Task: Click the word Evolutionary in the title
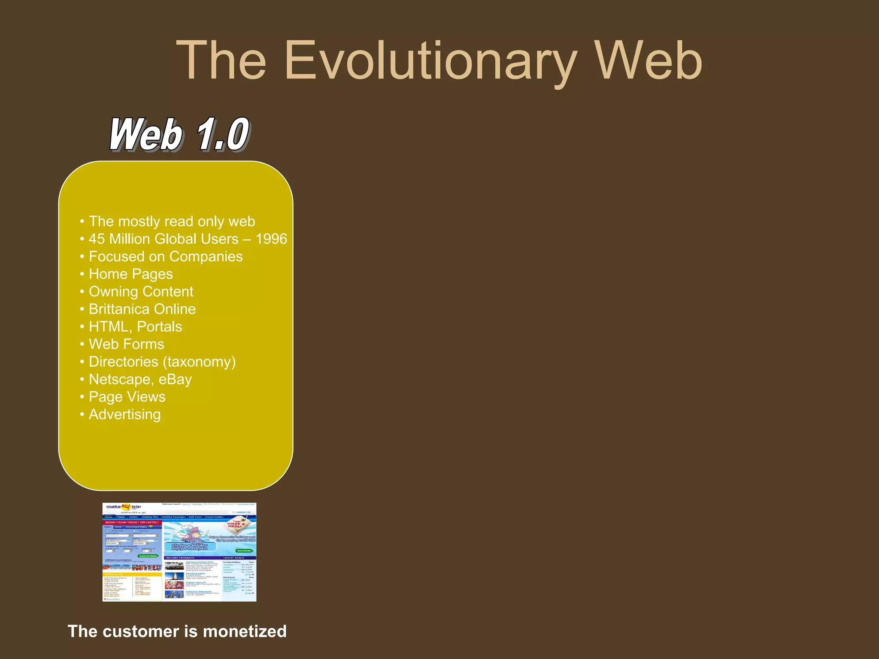[430, 61]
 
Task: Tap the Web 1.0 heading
[179, 134]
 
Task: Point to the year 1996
[271, 239]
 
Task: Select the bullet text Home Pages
[130, 274]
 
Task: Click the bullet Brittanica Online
[142, 309]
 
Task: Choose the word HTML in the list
[109, 327]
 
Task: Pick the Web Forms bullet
[126, 345]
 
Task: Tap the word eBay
[175, 380]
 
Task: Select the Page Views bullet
[127, 397]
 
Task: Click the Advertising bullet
[124, 415]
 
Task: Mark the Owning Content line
[141, 292]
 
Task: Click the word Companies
[206, 257]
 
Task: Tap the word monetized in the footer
[245, 632]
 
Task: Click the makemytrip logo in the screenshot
[124, 508]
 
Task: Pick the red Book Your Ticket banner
[132, 523]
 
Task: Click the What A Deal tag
[236, 525]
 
